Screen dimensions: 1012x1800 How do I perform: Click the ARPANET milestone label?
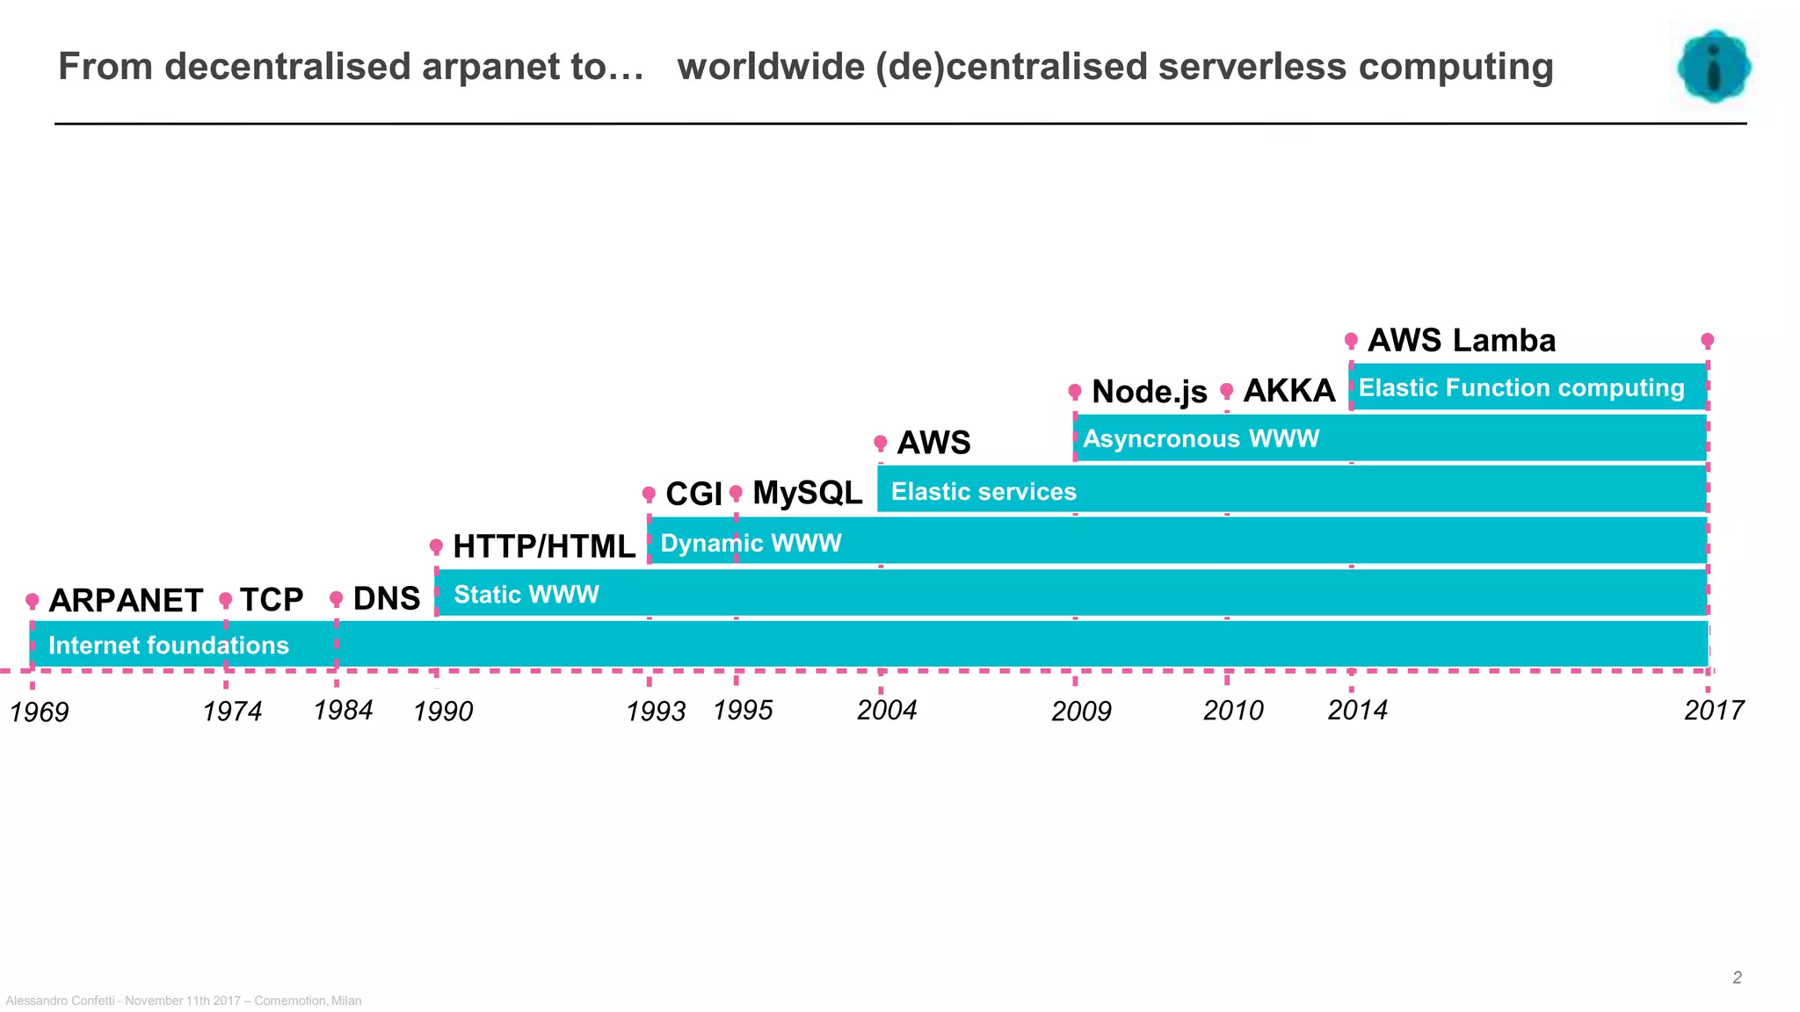(x=126, y=601)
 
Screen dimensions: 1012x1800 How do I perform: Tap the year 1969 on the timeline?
(x=40, y=712)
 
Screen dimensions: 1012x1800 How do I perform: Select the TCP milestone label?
(x=271, y=600)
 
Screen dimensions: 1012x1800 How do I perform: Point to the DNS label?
(x=386, y=599)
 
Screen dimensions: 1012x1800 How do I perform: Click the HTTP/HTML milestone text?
(x=543, y=546)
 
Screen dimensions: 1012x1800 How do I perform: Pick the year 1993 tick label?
(x=656, y=712)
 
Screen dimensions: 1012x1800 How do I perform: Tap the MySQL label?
(x=807, y=494)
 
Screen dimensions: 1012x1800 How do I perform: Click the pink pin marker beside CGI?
(x=649, y=494)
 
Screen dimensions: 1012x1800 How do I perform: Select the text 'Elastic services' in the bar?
(x=983, y=492)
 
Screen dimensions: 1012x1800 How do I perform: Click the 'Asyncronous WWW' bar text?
(x=1201, y=439)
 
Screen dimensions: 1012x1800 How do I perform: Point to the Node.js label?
(x=1149, y=392)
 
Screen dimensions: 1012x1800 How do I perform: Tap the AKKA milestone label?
(x=1288, y=391)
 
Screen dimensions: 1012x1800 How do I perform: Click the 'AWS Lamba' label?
(x=1461, y=341)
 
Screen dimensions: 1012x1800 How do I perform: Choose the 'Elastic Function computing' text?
(x=1521, y=388)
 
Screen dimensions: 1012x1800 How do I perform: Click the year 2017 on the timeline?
(x=1713, y=711)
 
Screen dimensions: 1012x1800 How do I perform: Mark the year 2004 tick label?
(x=887, y=711)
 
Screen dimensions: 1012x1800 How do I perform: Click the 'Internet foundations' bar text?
(x=169, y=646)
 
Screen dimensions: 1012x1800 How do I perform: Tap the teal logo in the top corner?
(x=1713, y=67)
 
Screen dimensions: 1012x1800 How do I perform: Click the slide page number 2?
(x=1737, y=978)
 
